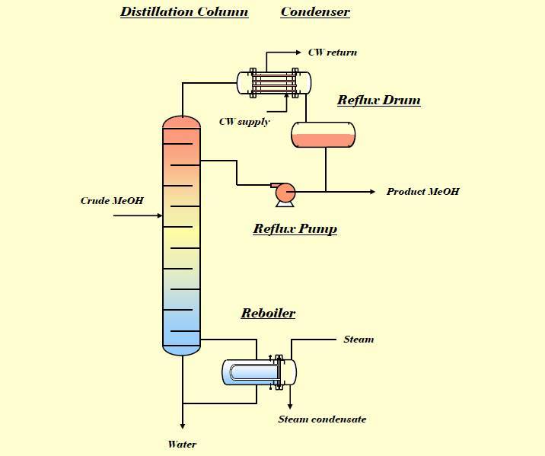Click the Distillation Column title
184,11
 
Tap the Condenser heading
315,11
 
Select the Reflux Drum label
378,100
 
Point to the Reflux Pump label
295,228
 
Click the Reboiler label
268,313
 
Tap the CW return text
332,53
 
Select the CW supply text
244,122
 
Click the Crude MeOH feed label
112,201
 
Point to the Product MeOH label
422,191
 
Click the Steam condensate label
322,419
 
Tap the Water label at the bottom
182,445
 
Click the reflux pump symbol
285,193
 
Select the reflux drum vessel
323,134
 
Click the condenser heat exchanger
273,82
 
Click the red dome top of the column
182,122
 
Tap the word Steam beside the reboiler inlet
359,340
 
